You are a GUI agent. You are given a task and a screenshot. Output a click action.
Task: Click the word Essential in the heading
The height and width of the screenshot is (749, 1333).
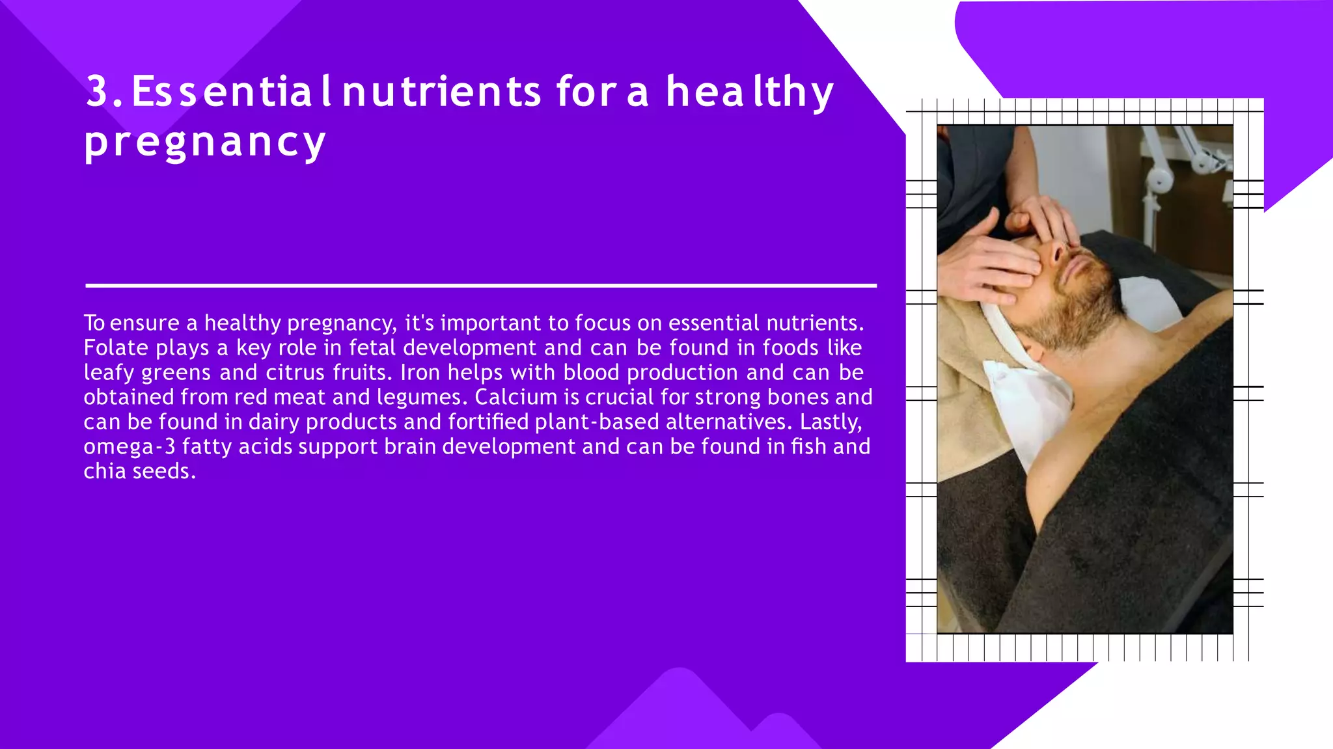(x=232, y=91)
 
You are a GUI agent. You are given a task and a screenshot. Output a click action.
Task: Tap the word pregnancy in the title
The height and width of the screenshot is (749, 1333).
(x=204, y=142)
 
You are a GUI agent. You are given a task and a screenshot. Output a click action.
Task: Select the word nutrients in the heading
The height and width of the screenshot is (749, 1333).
(x=441, y=91)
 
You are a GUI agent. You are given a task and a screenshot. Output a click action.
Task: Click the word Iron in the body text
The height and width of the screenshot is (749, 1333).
(x=420, y=372)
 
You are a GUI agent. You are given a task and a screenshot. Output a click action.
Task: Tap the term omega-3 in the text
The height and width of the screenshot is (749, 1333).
(x=130, y=446)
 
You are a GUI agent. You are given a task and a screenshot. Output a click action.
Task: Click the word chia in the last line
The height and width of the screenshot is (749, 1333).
(x=104, y=471)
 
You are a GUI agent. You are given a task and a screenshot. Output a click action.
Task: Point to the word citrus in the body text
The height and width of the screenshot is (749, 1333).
(x=295, y=372)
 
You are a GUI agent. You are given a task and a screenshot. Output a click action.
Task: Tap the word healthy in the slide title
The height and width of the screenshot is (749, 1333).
(x=749, y=91)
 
